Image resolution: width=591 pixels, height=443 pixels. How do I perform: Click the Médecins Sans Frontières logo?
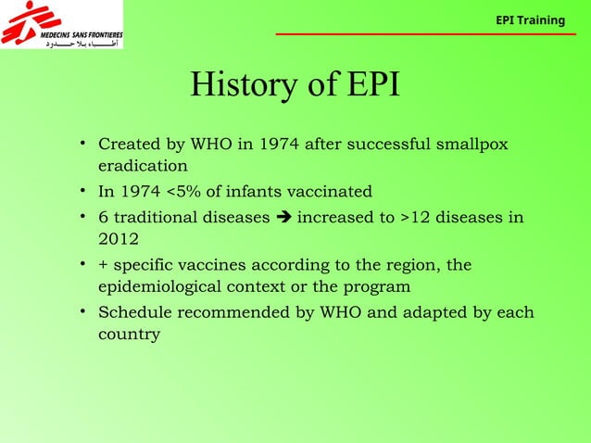61,25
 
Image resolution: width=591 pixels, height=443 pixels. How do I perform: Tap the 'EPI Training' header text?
530,19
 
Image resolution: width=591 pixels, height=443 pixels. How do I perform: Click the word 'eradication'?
143,167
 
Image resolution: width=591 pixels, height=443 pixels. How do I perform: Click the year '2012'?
119,240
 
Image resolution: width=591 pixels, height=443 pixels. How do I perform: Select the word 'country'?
129,335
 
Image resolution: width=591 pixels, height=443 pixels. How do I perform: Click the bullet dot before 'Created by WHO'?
82,145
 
